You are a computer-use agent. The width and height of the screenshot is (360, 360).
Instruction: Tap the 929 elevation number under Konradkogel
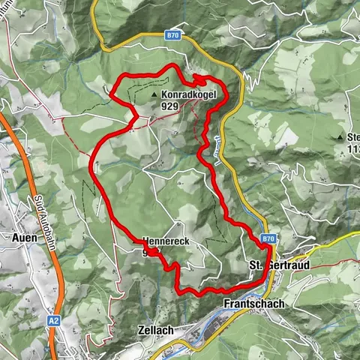pos(169,107)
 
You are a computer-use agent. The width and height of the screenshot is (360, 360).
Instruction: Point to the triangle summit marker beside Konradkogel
pos(154,97)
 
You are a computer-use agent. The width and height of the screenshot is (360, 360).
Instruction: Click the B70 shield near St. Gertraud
pos(269,238)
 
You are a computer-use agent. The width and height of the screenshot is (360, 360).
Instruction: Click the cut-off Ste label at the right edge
pos(353,137)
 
